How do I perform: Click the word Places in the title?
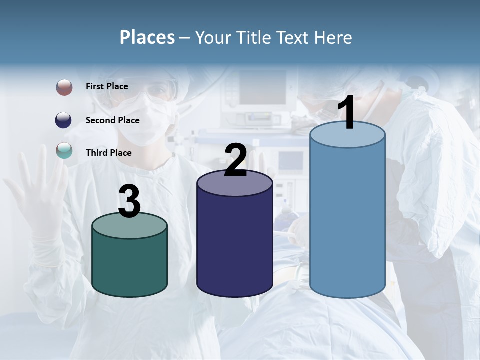147,37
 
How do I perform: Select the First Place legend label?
107,86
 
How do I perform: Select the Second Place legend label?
112,120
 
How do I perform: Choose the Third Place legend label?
108,153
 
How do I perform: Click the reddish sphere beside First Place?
64,87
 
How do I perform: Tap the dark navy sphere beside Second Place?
64,120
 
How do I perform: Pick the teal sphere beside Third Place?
64,150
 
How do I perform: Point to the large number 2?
235,160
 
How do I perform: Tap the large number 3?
129,202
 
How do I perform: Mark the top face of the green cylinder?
129,226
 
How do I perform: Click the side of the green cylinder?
129,267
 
